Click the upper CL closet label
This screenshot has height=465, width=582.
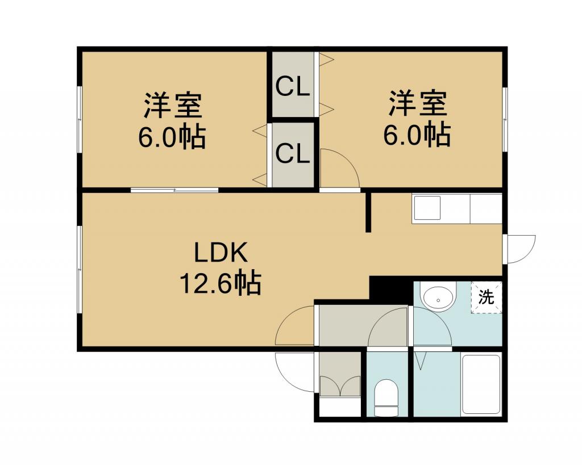tap(293, 87)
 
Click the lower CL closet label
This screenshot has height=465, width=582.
tap(293, 154)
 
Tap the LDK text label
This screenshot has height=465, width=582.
tap(221, 253)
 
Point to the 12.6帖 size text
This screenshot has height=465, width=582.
tap(221, 284)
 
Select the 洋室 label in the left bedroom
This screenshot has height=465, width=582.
tap(173, 106)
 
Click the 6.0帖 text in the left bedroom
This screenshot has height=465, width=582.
tap(172, 137)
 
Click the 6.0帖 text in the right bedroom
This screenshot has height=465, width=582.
tap(417, 135)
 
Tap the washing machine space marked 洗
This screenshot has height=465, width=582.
tap(487, 297)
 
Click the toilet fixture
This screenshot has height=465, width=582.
tap(386, 397)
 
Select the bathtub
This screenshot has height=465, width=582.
tap(481, 384)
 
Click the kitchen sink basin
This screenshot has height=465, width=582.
tap(427, 208)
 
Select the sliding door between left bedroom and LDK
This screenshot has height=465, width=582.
tap(174, 190)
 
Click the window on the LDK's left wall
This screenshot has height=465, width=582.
tap(80, 270)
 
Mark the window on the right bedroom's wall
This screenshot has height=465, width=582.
tap(505, 119)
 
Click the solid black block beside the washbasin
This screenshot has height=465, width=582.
tap(390, 290)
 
